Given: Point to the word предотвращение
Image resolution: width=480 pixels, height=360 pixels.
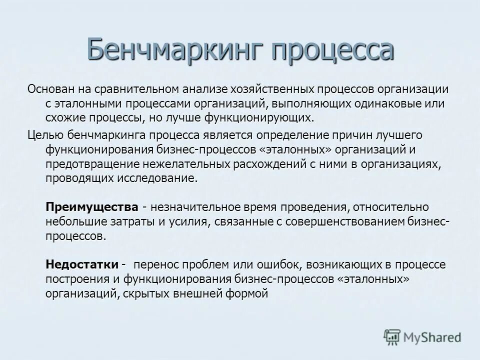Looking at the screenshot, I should pos(91,164).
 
